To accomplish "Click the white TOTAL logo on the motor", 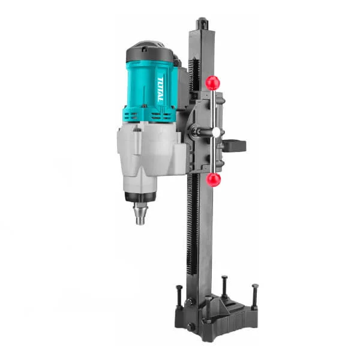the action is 160,89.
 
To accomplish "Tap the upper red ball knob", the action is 213,83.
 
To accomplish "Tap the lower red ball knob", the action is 214,179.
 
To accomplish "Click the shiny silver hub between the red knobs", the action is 216,132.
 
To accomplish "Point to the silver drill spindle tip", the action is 140,214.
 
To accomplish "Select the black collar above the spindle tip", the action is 140,197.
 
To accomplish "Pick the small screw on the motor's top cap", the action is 144,49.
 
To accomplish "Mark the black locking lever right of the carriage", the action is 234,146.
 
